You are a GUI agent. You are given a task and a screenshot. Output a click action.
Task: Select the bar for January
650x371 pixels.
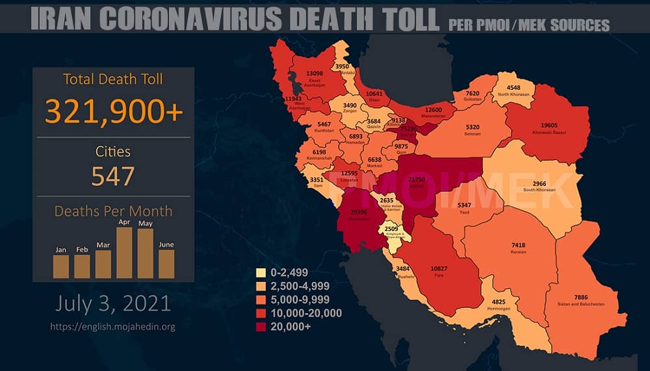click(x=61, y=266)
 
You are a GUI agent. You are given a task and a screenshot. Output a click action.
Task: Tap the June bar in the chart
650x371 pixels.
click(x=166, y=264)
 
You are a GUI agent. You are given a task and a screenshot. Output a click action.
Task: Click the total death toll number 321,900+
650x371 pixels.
click(x=113, y=113)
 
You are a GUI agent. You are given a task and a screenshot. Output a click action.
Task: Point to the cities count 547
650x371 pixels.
click(x=113, y=176)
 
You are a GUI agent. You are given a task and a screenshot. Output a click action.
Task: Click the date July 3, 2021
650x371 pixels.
click(x=113, y=303)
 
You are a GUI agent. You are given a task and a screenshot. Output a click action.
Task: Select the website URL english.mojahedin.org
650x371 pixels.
click(x=113, y=327)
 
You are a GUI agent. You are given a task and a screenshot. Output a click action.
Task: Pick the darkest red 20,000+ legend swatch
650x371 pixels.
click(x=262, y=327)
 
